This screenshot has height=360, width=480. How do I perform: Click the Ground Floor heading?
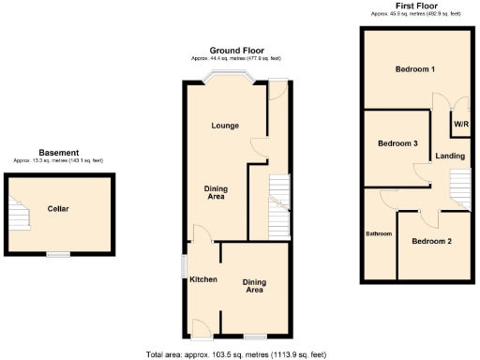click(236, 51)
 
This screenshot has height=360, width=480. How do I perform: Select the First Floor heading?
click(413, 7)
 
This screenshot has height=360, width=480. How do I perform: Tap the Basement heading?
click(58, 153)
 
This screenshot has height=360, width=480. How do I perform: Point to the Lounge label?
click(224, 126)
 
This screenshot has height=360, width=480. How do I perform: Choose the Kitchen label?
click(203, 279)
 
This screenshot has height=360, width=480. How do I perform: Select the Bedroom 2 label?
click(431, 241)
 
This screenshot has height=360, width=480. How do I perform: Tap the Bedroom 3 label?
click(397, 144)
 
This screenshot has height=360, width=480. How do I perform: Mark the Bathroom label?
click(379, 233)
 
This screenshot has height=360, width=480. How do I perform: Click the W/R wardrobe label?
click(460, 124)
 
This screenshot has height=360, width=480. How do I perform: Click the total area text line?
click(235, 354)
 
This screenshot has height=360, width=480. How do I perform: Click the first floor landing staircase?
click(459, 187)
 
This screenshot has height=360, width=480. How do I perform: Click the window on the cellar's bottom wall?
click(59, 255)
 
